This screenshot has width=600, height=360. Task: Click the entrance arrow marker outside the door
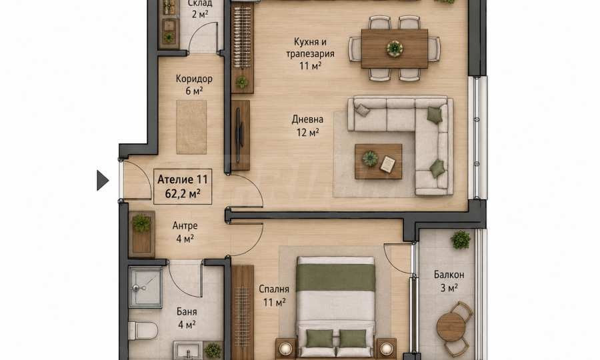click(102, 181)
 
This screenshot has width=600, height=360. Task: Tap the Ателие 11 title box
click(183, 186)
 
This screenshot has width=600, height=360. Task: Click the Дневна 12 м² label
click(307, 126)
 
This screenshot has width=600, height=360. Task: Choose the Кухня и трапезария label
click(310, 53)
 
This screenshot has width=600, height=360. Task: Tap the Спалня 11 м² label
click(274, 296)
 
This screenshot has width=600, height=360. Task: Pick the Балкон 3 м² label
click(449, 281)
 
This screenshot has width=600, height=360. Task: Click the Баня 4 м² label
click(187, 318)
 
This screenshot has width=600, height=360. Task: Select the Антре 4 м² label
click(185, 232)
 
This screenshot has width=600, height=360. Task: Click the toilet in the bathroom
click(143, 331)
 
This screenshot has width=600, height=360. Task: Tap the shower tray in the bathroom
click(146, 287)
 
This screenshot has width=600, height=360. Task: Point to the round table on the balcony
click(451, 327)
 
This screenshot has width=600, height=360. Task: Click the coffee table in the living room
click(378, 161)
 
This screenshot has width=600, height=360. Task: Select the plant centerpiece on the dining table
click(395, 49)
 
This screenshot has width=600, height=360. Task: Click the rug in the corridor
click(191, 127)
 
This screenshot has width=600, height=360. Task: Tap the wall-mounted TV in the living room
click(238, 135)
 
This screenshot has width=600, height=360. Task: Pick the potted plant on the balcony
click(460, 240)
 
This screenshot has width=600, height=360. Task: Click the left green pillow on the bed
click(319, 339)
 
